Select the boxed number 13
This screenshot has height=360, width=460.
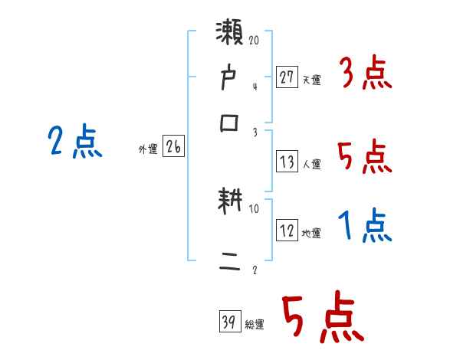[x=287, y=161]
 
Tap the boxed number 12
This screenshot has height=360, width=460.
[x=287, y=230]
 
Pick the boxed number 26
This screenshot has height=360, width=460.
[x=173, y=147]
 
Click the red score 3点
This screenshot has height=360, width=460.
[x=365, y=75]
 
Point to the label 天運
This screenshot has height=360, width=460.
[x=311, y=79]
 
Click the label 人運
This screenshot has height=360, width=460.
[x=312, y=164]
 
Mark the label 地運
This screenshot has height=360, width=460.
[x=311, y=233]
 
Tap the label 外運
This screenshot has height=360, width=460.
[x=148, y=150]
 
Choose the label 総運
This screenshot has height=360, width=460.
[x=255, y=324]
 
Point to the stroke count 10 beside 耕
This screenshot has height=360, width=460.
[x=255, y=208]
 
